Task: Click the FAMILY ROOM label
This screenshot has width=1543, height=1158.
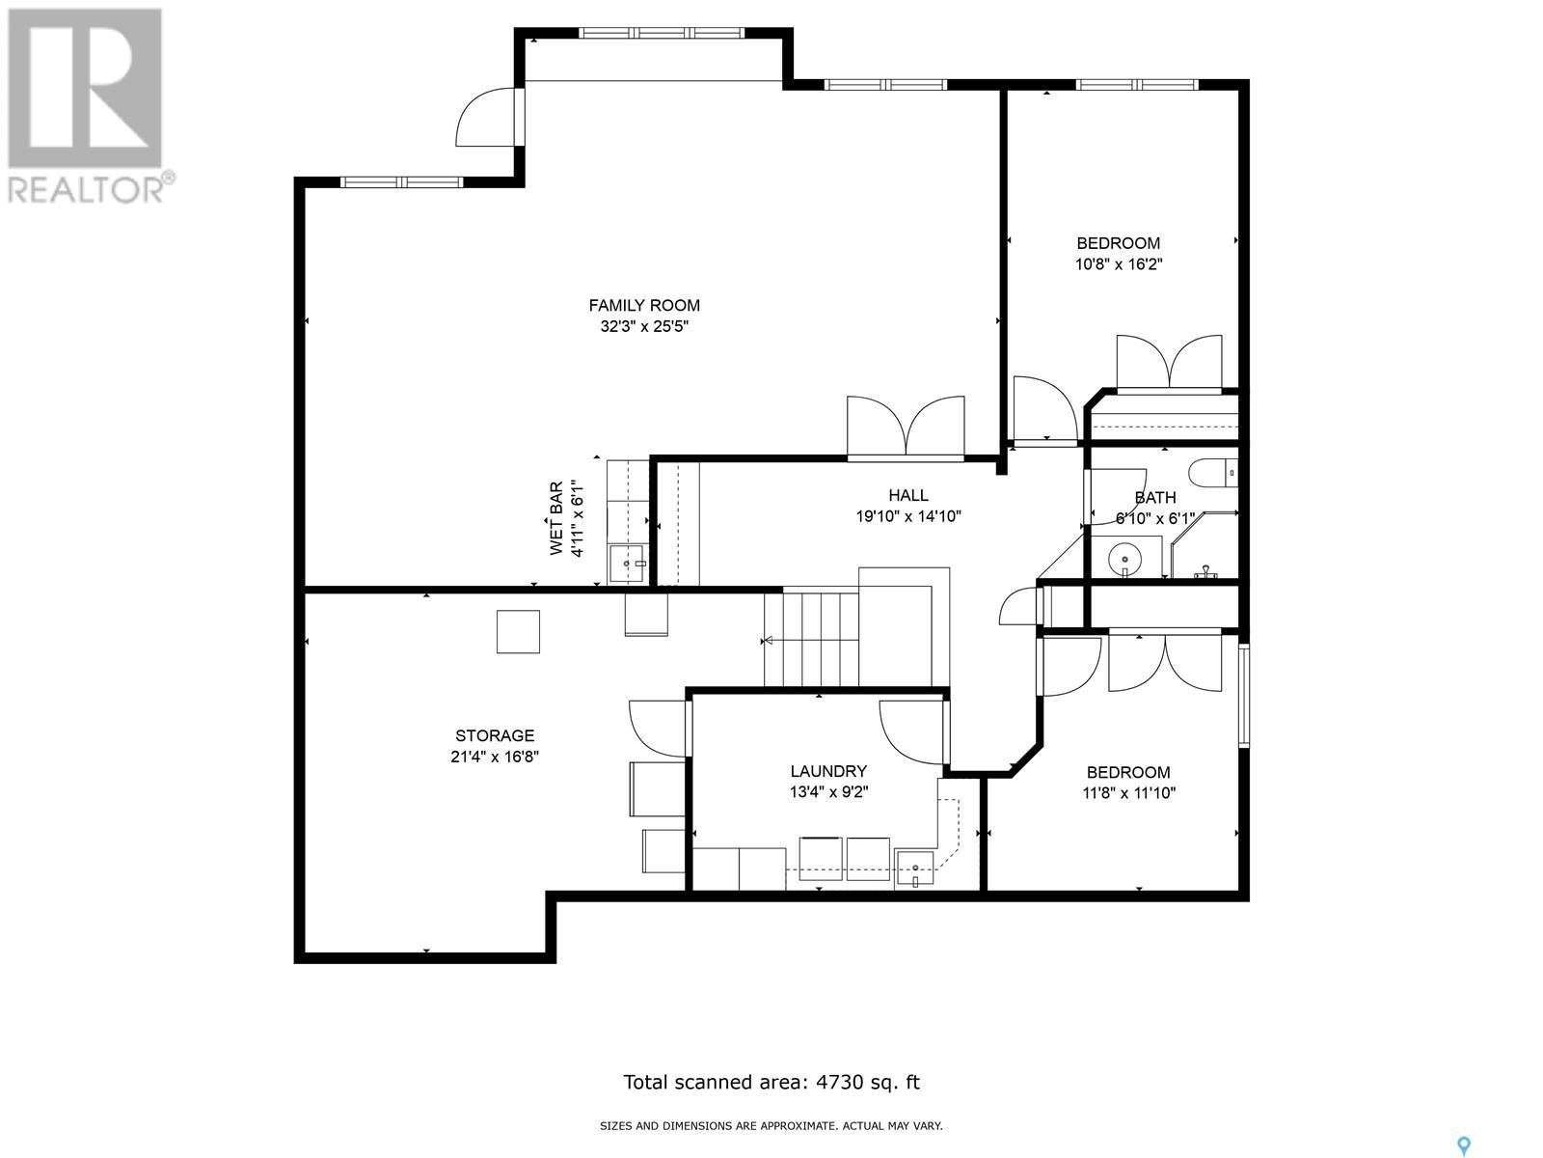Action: [644, 305]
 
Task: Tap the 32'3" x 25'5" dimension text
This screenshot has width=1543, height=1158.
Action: [644, 326]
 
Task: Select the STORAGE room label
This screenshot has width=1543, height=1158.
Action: [495, 735]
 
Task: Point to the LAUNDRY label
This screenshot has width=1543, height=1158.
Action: [828, 771]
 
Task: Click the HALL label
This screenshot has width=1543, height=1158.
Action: [908, 495]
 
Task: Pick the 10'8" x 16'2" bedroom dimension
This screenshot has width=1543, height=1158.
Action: [1119, 264]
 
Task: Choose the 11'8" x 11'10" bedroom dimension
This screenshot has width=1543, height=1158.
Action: [1129, 793]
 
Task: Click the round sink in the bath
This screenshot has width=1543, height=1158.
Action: [1125, 560]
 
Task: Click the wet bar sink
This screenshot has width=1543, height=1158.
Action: [627, 564]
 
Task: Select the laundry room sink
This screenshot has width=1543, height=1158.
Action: [915, 869]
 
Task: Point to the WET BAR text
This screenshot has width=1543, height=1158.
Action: [556, 518]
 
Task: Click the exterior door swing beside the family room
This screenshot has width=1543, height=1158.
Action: [485, 117]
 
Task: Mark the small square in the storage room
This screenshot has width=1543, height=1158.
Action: [518, 631]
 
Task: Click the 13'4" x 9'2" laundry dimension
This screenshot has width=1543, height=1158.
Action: [828, 791]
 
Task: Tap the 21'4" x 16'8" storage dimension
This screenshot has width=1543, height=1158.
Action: [495, 757]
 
